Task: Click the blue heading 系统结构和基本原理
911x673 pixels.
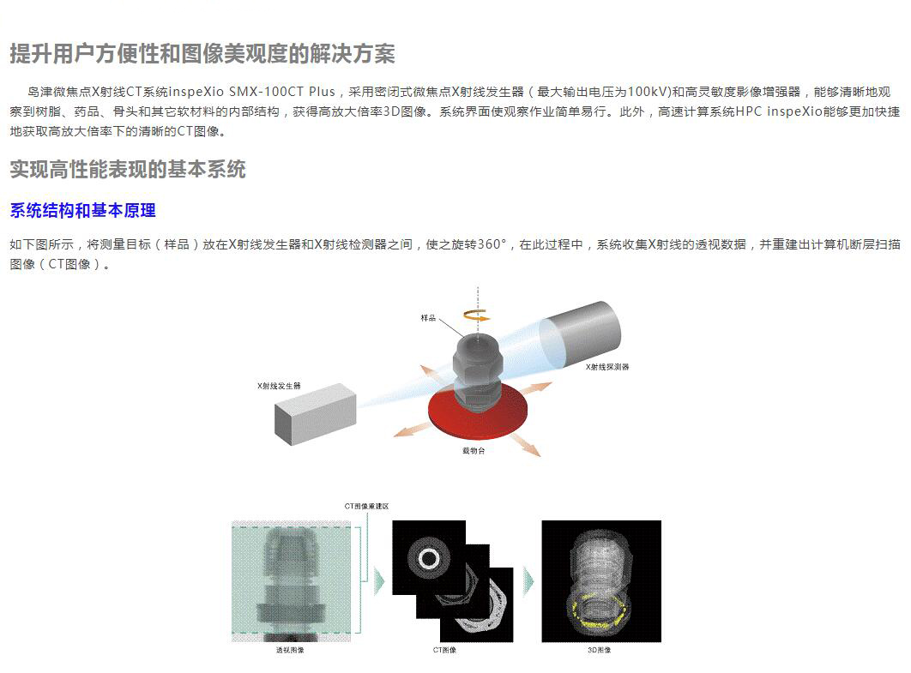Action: [x=82, y=210]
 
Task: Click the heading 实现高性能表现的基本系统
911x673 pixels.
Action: [x=128, y=170]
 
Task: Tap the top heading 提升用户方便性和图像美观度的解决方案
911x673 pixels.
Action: [x=202, y=54]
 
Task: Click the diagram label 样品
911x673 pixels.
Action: [x=428, y=317]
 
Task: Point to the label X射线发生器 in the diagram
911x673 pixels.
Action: [x=279, y=386]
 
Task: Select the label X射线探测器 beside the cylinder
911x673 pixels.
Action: [x=607, y=367]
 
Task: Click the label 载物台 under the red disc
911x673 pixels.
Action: [x=474, y=451]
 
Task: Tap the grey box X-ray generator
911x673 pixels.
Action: [x=315, y=413]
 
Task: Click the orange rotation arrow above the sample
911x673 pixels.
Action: [x=477, y=315]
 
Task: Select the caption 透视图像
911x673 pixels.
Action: [x=290, y=650]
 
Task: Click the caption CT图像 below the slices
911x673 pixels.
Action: [x=444, y=650]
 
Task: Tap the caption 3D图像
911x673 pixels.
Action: [x=599, y=650]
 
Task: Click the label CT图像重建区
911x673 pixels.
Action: [x=366, y=507]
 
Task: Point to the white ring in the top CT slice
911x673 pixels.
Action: [x=430, y=549]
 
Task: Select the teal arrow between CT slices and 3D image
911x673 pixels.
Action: [x=528, y=581]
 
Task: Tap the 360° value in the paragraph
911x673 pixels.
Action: [x=492, y=244]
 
